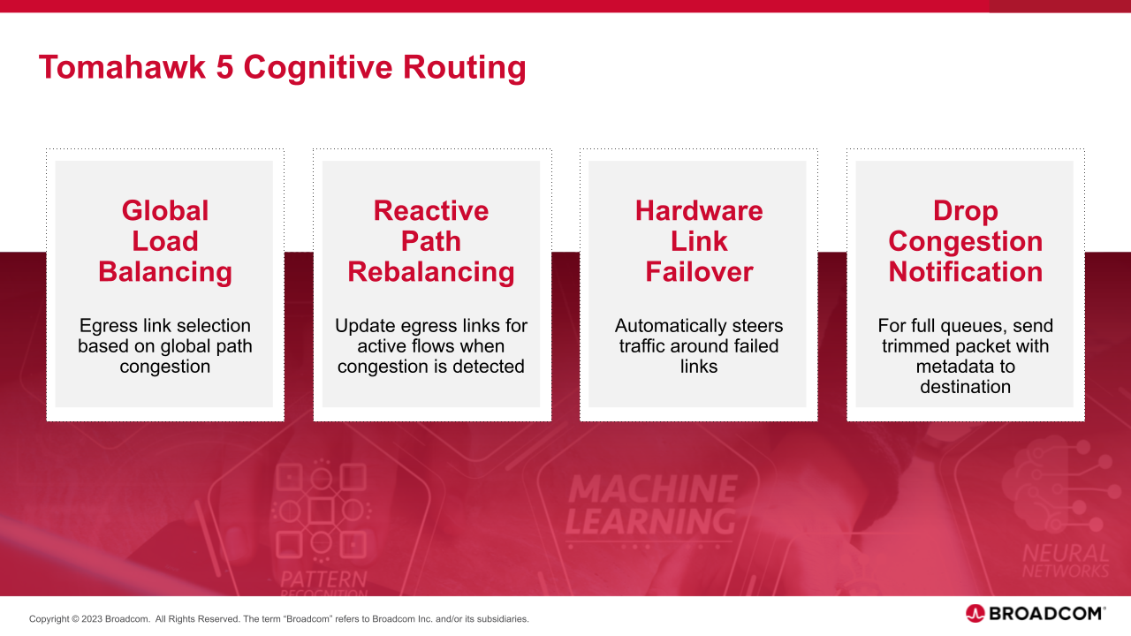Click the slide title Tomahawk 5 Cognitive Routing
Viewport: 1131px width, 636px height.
282,67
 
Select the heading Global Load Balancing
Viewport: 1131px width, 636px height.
165,241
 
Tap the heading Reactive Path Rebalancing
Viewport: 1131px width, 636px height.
431,241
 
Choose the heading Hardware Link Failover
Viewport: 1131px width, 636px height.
699,241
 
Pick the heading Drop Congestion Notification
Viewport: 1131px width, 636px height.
966,241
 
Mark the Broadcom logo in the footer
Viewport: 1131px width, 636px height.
1036,613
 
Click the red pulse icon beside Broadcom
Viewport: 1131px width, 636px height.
975,613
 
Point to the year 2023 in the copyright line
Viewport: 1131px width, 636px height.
91,619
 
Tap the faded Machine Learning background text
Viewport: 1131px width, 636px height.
652,505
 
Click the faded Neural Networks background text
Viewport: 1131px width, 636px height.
1065,562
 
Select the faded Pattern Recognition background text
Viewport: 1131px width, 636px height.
323,583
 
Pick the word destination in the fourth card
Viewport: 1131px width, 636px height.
966,387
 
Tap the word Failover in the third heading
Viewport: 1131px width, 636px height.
699,272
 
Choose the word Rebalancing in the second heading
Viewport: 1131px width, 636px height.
431,272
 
